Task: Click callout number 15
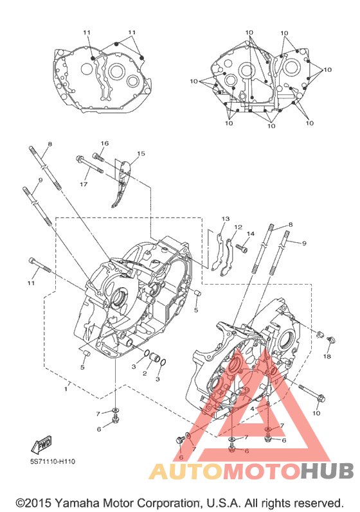tap(141, 154)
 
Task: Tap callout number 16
tap(105, 143)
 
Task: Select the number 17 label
tap(84, 184)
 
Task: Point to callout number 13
tap(226, 219)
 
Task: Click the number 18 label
tap(327, 357)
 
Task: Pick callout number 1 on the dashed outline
tap(66, 389)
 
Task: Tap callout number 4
tap(253, 409)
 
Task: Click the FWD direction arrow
tap(42, 445)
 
